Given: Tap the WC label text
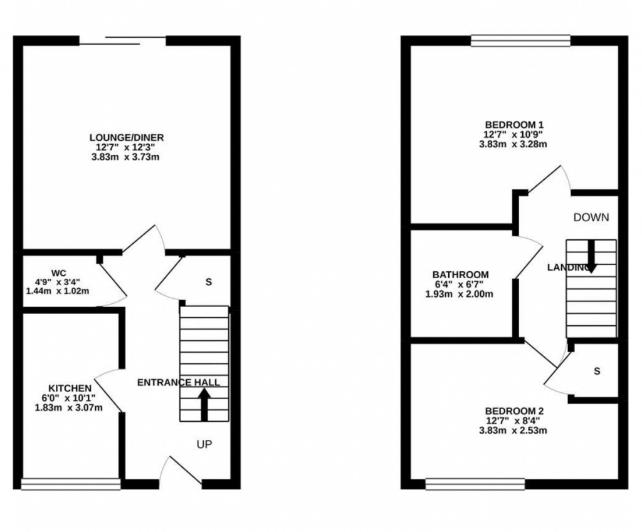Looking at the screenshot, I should pos(58,273).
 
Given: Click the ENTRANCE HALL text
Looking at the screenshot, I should pos(179,382).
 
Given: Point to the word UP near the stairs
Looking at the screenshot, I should pos(204,445).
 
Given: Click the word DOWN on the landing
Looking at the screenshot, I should pos(591,217).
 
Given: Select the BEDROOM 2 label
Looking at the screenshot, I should pos(513,411).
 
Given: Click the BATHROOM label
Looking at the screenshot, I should pos(460,274).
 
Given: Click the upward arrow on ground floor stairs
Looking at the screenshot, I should pos(204,405).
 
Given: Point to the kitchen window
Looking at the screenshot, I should pos(70,484).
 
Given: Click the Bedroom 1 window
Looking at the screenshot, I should pos(520,41).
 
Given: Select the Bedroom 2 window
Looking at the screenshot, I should pos(475,483).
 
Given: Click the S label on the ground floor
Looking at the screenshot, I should pos(208,282).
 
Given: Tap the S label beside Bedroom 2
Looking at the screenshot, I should pos(597,371).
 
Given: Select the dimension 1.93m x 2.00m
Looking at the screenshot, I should pos(460,294).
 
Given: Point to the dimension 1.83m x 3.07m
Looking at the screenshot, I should pos(69,407).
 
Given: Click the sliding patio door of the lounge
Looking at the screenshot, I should pos(123,41).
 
